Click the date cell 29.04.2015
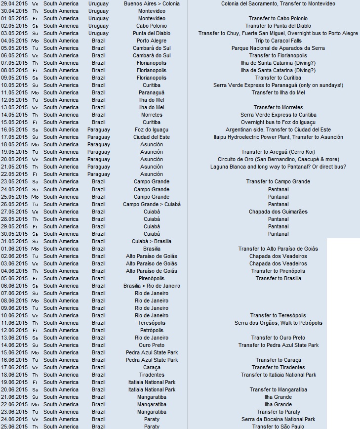pos(14,3)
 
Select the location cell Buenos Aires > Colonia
pos(152,3)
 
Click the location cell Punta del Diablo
pos(152,33)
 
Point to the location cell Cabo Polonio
pos(152,26)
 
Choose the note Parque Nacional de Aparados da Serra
pos(278,48)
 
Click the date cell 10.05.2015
pos(14,85)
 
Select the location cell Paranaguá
pos(152,92)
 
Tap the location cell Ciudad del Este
pos(152,137)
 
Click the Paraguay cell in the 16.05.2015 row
pos(99,129)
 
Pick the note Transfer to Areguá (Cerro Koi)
pos(278,152)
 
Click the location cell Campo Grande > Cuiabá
pos(152,204)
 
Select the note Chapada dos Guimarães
pos(278,212)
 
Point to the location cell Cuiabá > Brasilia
pos(152,241)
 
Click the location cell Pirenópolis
pos(152,278)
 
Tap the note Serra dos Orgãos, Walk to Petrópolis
pos(278,323)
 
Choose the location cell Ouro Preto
pos(152,345)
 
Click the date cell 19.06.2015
pos(14,382)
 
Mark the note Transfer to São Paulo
pos(278,426)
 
